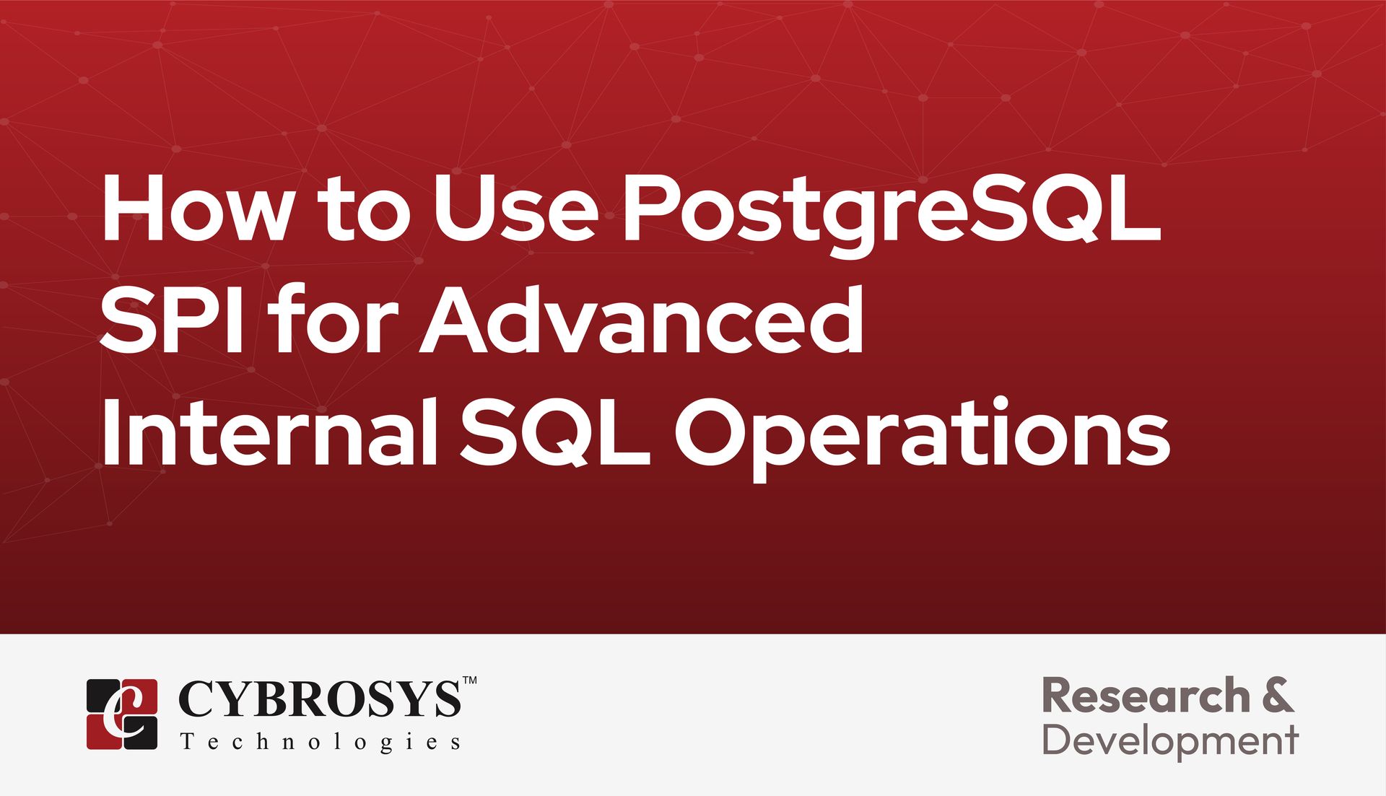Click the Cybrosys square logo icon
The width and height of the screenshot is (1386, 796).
[122, 714]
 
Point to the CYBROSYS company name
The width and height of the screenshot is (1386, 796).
[318, 699]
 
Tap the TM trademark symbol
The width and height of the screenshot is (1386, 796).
[469, 681]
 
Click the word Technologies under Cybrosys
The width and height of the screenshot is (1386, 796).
[321, 742]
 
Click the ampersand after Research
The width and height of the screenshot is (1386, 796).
[1278, 696]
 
